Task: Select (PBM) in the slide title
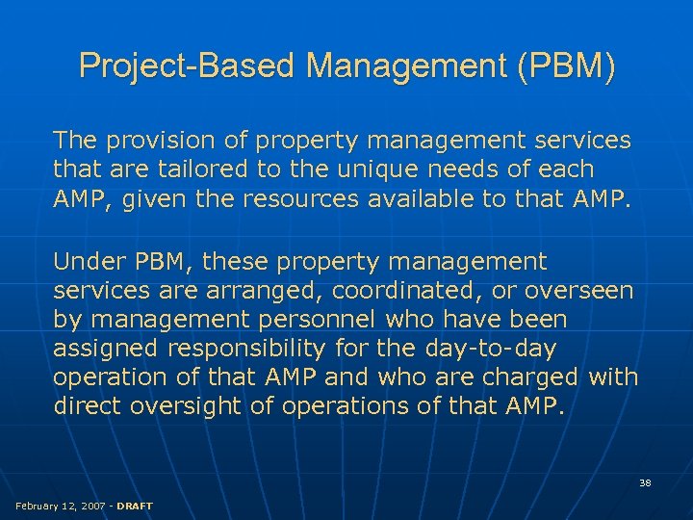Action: [566, 66]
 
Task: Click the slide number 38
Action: [645, 481]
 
